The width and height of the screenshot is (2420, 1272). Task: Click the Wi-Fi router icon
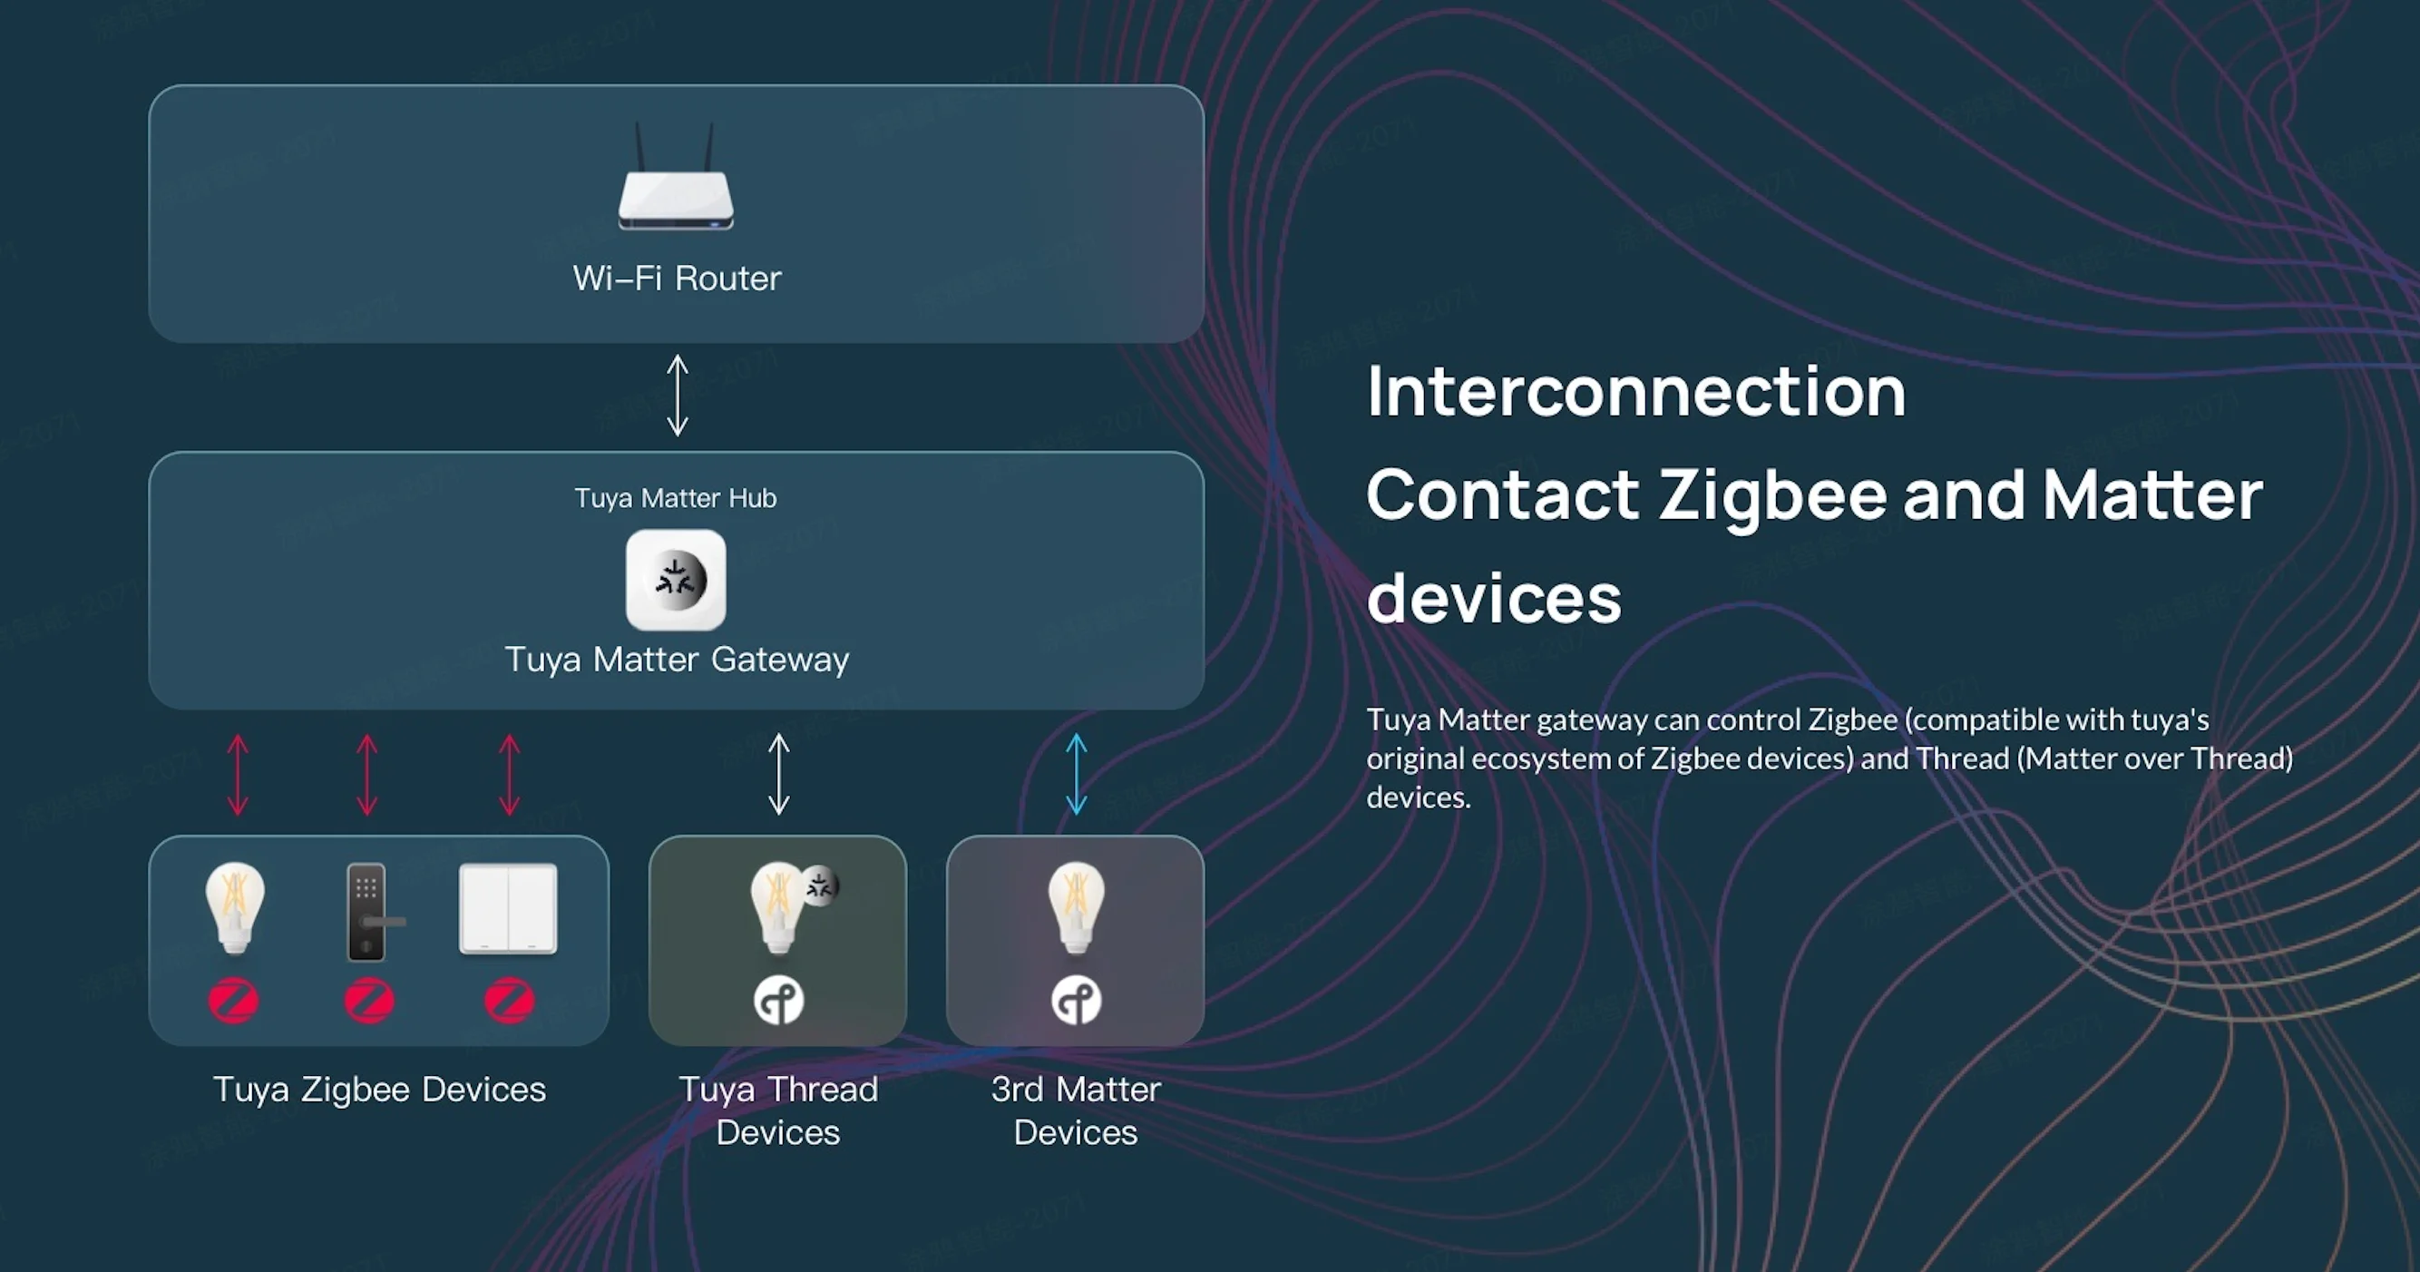click(676, 183)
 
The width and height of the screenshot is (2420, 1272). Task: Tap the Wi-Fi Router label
click(677, 278)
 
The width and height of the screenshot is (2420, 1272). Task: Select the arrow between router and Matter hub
click(678, 395)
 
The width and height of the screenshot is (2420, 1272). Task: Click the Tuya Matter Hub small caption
click(676, 498)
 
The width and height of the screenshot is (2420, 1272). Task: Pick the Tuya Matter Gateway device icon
click(676, 580)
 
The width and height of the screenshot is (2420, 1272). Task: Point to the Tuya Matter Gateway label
click(677, 660)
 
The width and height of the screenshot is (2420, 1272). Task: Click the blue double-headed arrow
click(1076, 773)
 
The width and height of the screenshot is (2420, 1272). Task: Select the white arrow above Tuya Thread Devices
click(779, 773)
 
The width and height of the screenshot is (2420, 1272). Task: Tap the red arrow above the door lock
click(367, 774)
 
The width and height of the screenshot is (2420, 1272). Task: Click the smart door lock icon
click(368, 911)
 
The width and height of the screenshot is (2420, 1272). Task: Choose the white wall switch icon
click(508, 908)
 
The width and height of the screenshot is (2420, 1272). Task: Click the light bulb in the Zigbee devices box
click(235, 907)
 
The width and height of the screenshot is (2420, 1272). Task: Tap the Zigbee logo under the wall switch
click(509, 1000)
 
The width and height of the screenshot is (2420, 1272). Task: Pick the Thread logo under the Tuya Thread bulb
click(779, 1000)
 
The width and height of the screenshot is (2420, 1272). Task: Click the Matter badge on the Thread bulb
click(819, 885)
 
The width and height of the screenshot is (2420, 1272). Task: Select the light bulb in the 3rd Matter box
click(1076, 907)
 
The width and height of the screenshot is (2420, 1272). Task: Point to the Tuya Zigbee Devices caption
click(379, 1090)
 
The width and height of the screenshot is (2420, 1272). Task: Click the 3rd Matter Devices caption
click(1076, 1111)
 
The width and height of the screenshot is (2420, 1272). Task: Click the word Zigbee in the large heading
click(1772, 495)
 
